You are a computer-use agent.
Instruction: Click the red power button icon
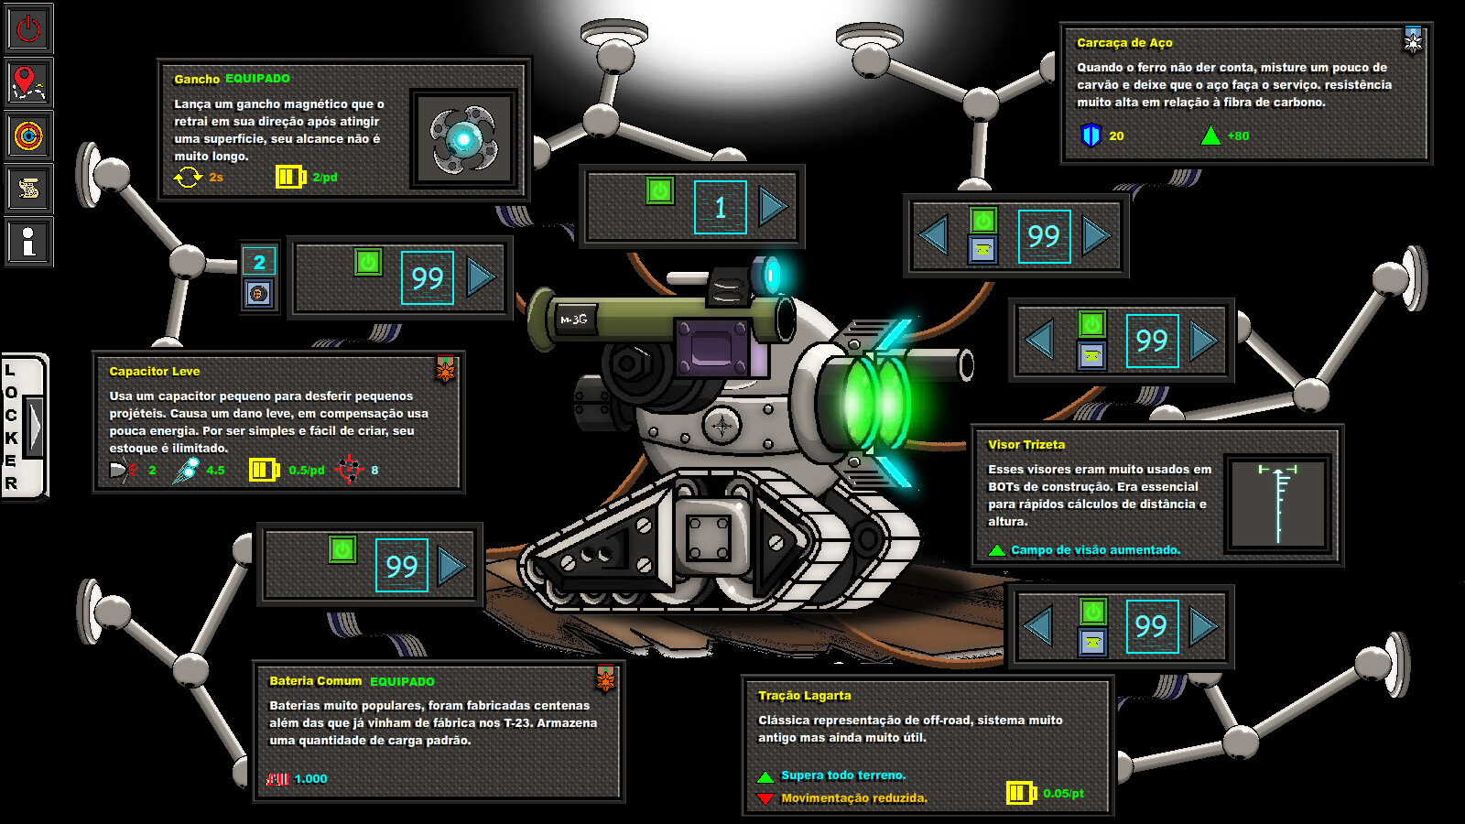pyautogui.click(x=28, y=28)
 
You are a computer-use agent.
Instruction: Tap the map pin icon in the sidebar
pyautogui.click(x=28, y=82)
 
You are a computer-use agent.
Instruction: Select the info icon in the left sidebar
pyautogui.click(x=28, y=242)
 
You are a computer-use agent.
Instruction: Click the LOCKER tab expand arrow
pyautogui.click(x=34, y=425)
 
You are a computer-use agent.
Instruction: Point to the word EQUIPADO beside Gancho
pyautogui.click(x=257, y=79)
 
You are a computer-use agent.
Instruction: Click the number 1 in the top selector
pyautogui.click(x=720, y=208)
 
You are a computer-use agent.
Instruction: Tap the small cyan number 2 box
pyautogui.click(x=259, y=262)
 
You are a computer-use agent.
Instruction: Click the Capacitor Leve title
pyautogui.click(x=154, y=372)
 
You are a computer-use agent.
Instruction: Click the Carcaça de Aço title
pyautogui.click(x=1124, y=43)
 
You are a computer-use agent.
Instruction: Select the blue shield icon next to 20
pyautogui.click(x=1091, y=136)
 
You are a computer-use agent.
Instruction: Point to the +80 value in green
pyautogui.click(x=1238, y=136)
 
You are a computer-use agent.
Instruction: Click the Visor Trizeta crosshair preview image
pyautogui.click(x=1278, y=503)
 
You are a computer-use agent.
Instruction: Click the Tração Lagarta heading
pyautogui.click(x=804, y=696)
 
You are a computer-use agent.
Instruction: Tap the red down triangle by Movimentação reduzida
pyautogui.click(x=765, y=798)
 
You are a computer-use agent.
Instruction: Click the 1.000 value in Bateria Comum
pyautogui.click(x=310, y=779)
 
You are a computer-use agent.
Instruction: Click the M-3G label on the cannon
pyautogui.click(x=574, y=320)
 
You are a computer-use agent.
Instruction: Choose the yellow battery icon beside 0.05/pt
pyautogui.click(x=1020, y=793)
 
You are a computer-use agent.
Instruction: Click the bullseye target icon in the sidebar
pyautogui.click(x=28, y=136)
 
